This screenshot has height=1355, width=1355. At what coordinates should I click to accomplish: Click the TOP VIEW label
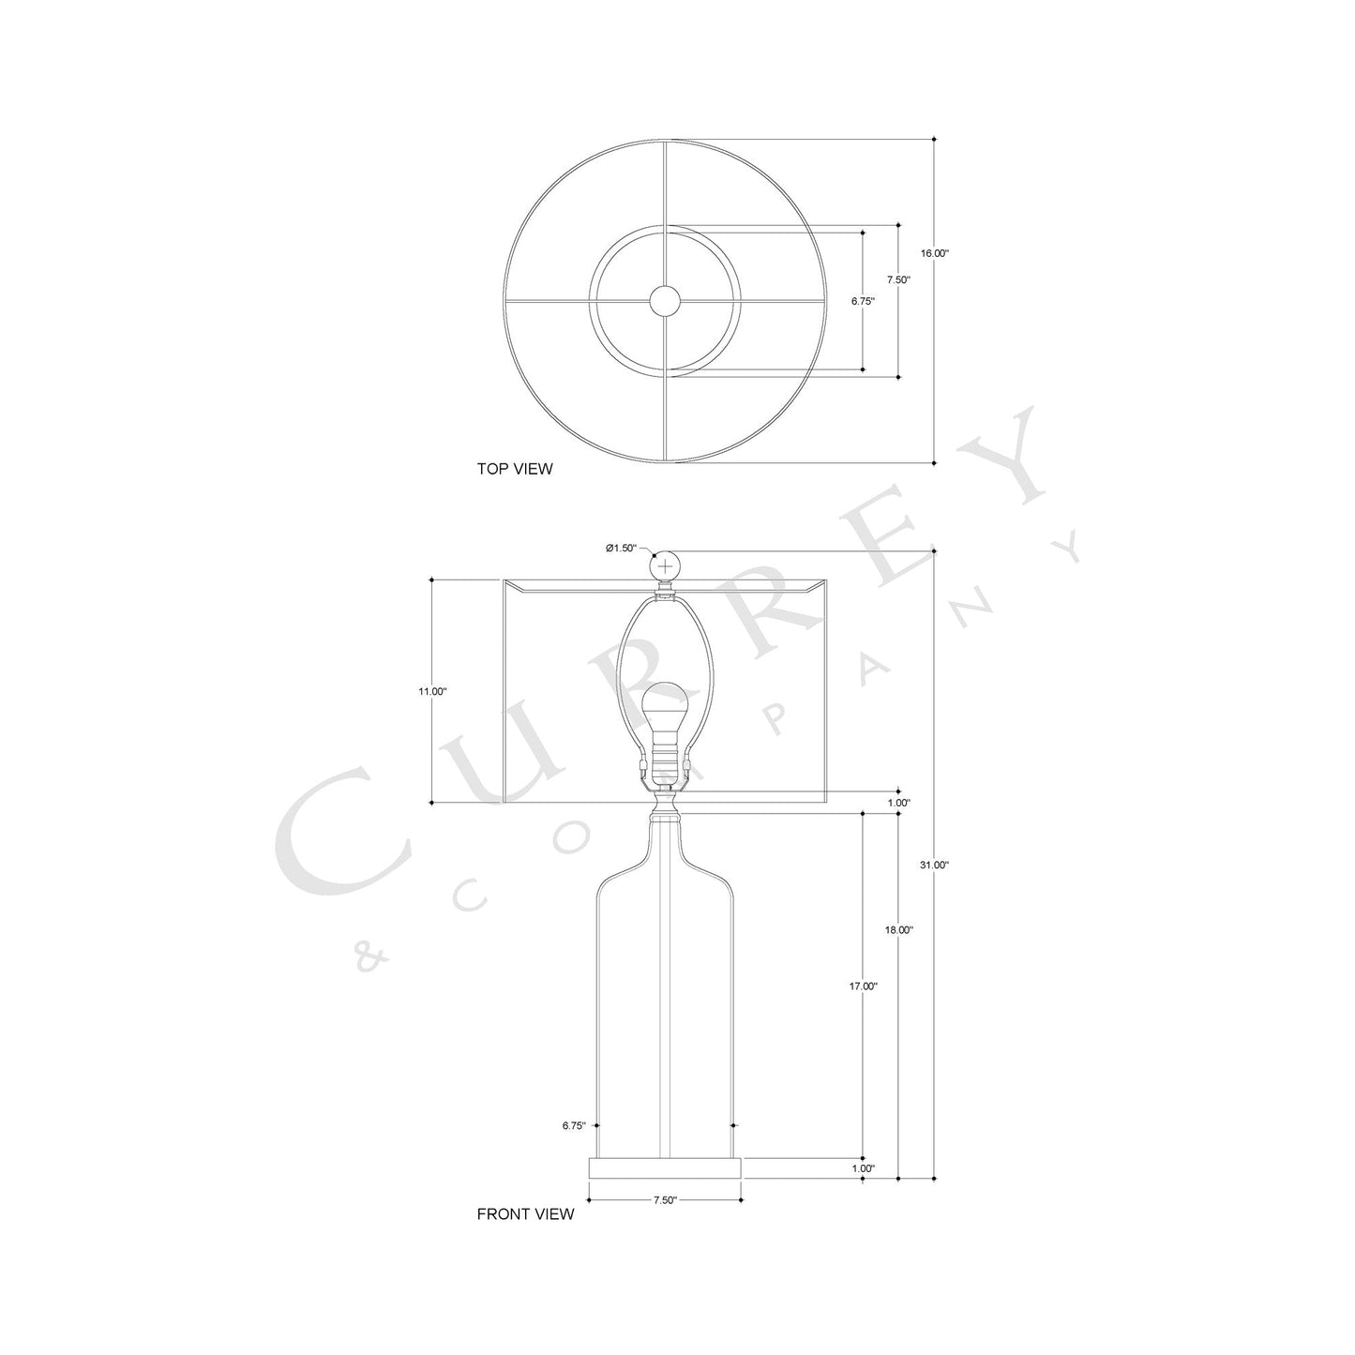pyautogui.click(x=515, y=469)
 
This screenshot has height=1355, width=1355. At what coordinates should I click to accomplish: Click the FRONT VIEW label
pyautogui.click(x=525, y=1214)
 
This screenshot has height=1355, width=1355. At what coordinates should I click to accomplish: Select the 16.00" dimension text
pyautogui.click(x=935, y=253)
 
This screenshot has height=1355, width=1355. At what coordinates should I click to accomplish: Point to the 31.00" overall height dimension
pyautogui.click(x=935, y=865)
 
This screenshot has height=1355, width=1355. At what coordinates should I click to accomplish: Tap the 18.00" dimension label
pyautogui.click(x=899, y=930)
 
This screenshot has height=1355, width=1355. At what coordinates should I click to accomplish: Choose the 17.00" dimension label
pyautogui.click(x=864, y=986)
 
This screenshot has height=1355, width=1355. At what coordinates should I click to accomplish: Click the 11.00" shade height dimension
pyautogui.click(x=432, y=691)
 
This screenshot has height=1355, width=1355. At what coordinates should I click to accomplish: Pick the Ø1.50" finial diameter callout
pyautogui.click(x=621, y=548)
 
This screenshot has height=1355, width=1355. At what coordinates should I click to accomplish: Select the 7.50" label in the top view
pyautogui.click(x=898, y=279)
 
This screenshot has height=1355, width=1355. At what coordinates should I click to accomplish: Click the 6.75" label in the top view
pyautogui.click(x=863, y=302)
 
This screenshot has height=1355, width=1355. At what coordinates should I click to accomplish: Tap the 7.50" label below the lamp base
pyautogui.click(x=664, y=1200)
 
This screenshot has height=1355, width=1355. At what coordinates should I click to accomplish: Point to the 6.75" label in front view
pyautogui.click(x=574, y=1125)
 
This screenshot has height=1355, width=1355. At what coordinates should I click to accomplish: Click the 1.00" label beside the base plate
pyautogui.click(x=864, y=1169)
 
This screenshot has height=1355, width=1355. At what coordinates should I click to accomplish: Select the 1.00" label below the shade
pyautogui.click(x=898, y=803)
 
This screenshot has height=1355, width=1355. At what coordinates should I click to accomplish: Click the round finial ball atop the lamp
pyautogui.click(x=665, y=566)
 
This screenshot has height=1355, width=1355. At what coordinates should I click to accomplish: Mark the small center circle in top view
pyautogui.click(x=665, y=300)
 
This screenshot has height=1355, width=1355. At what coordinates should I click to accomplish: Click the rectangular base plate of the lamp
pyautogui.click(x=664, y=1168)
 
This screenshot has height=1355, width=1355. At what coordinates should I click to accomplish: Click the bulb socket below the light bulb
pyautogui.click(x=664, y=755)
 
